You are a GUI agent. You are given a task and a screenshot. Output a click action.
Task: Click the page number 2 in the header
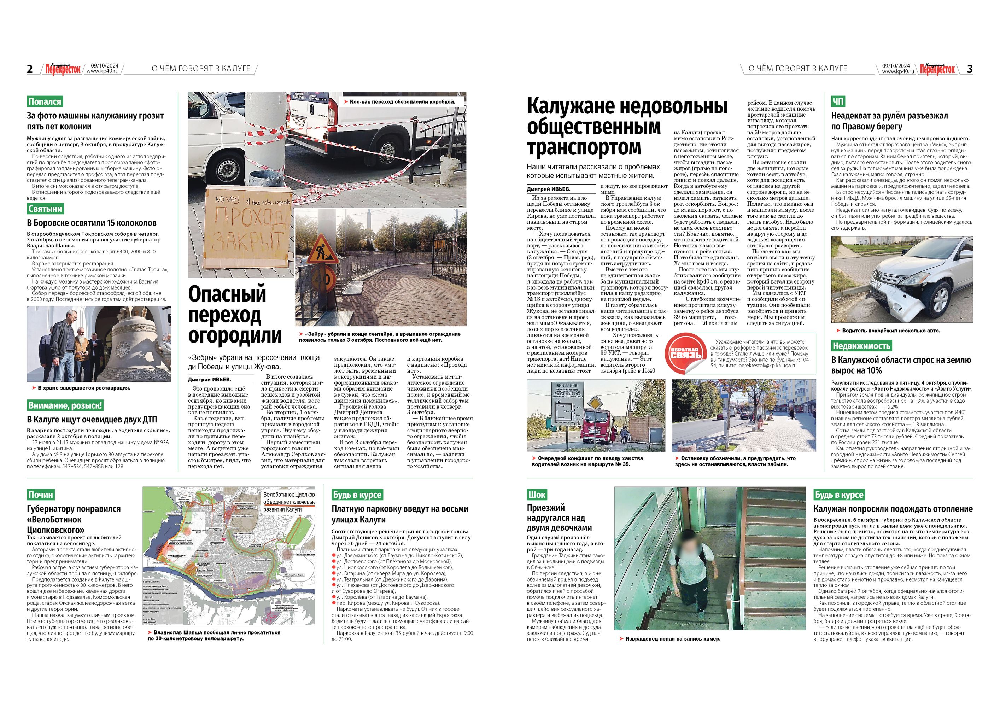click(30, 69)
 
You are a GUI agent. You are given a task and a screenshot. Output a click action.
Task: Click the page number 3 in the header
click(970, 69)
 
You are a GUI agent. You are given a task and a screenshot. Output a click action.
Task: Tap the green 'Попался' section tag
click(45, 101)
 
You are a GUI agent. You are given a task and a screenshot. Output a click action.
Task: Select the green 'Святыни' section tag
click(45, 209)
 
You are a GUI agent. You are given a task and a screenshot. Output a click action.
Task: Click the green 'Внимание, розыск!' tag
click(65, 405)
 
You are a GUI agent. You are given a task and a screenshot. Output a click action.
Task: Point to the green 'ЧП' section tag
click(838, 101)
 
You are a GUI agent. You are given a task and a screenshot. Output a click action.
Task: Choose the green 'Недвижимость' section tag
click(861, 346)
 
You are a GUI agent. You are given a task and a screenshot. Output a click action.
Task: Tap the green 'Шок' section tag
click(537, 495)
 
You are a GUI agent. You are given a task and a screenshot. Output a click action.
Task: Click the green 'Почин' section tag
click(41, 495)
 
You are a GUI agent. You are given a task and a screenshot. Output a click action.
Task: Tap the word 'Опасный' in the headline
click(227, 294)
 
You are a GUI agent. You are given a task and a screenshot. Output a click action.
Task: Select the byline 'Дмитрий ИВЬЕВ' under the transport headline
click(548, 189)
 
